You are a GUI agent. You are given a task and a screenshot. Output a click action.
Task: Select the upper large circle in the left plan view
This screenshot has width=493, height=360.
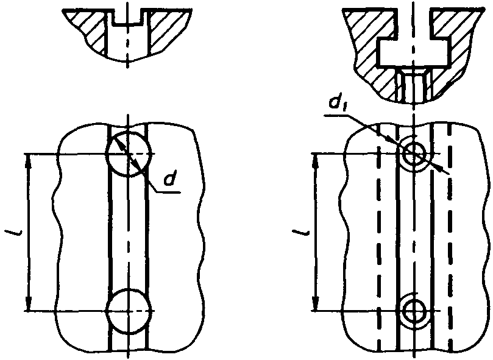pyautogui.click(x=107, y=154)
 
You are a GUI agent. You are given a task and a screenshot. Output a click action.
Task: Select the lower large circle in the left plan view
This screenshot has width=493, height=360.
pyautogui.click(x=107, y=311)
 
